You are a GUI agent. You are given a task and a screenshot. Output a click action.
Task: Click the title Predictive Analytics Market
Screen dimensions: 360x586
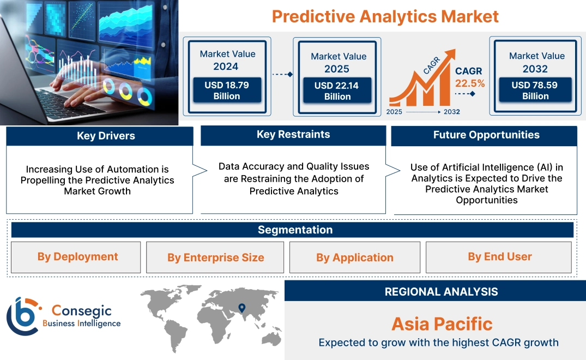tap(385, 16)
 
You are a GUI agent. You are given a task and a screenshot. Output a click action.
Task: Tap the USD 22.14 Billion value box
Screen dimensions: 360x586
tap(337, 91)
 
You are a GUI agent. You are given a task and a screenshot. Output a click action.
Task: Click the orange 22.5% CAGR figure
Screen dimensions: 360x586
tap(469, 83)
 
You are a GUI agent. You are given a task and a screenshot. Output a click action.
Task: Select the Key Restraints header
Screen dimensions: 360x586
tap(293, 135)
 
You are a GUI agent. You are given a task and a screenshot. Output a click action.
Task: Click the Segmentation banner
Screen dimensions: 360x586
tap(295, 230)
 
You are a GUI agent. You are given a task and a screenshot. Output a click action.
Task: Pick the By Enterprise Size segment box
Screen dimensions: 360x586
tap(215, 257)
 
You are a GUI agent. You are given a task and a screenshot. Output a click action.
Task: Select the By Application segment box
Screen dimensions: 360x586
tap(354, 257)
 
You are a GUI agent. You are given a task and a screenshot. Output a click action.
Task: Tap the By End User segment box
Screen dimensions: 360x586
tap(499, 257)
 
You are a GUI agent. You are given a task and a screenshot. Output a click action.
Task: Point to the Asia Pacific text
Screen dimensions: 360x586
tap(442, 324)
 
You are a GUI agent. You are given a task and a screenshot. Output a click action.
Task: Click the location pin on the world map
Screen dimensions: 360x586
tap(242, 309)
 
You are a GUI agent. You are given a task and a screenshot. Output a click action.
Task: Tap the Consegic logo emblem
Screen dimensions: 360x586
tap(23, 316)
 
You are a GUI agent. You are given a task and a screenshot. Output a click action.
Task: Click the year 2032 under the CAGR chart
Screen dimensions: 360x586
tap(451, 112)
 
